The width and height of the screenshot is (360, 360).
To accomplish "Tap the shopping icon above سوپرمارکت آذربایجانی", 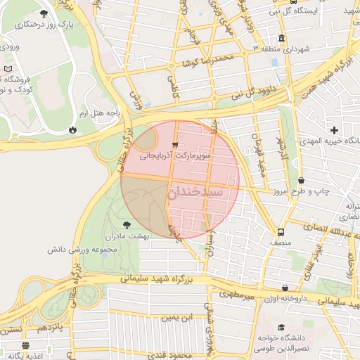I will (x=174, y=144).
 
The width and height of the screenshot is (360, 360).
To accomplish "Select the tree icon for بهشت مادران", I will (x=127, y=225).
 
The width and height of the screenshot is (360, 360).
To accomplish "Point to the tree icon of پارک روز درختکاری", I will (x=44, y=13).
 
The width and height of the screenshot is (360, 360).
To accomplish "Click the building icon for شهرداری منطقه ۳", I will (x=281, y=38).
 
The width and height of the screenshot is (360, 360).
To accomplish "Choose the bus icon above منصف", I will (x=281, y=232).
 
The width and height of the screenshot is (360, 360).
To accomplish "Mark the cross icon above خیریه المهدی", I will (x=334, y=130).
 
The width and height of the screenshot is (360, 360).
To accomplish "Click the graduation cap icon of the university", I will (x=282, y=328).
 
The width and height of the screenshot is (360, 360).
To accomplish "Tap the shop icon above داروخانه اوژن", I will (x=285, y=288).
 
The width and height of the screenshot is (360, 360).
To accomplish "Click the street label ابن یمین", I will (x=177, y=318).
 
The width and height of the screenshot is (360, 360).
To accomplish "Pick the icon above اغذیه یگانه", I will (x=26, y=345).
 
